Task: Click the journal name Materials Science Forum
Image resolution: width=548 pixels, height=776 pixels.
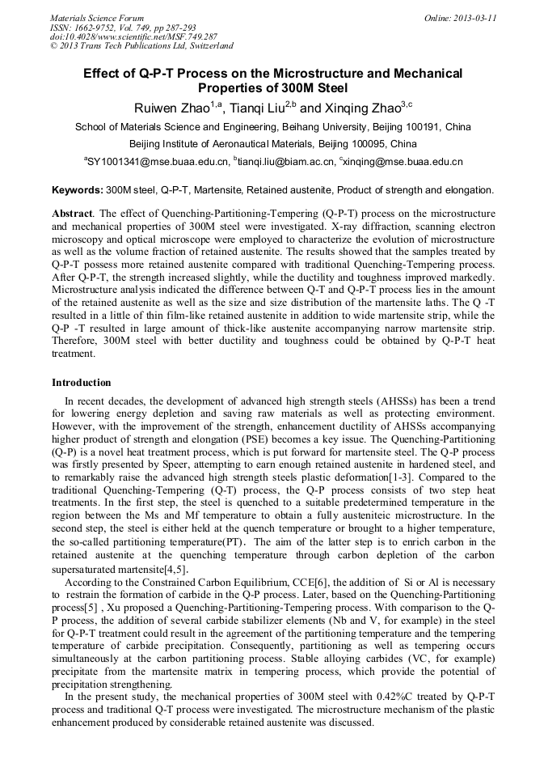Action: (x=97, y=18)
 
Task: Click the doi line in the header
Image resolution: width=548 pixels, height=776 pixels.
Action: (x=133, y=36)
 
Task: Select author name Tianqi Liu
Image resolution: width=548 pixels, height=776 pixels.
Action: (x=259, y=108)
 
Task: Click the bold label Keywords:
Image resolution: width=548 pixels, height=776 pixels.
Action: (x=78, y=190)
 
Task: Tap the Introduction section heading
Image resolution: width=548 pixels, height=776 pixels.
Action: (x=82, y=382)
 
